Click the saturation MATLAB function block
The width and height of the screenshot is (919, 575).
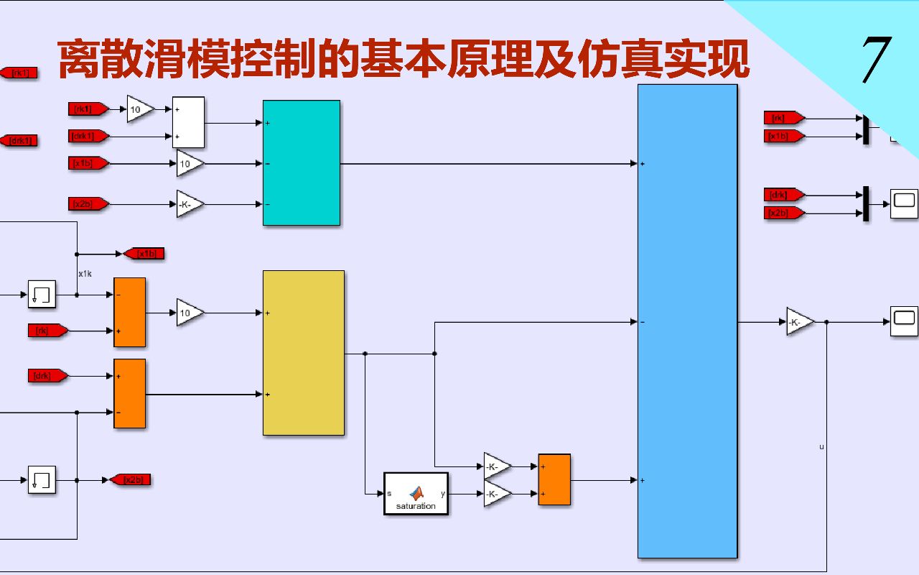[x=416, y=493]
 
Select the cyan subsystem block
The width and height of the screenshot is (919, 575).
[x=301, y=162]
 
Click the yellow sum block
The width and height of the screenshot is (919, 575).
[x=303, y=352]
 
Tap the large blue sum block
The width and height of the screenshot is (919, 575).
[x=687, y=321]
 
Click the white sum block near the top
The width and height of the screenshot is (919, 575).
[x=188, y=122]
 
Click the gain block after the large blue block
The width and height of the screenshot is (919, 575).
[x=800, y=322]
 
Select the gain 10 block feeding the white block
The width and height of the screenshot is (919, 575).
[x=140, y=109]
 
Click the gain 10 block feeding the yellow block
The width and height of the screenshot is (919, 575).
[x=190, y=313]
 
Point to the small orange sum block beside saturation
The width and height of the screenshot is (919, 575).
[x=554, y=479]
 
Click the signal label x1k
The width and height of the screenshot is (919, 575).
[x=85, y=273]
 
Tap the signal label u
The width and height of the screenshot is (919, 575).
[x=821, y=447]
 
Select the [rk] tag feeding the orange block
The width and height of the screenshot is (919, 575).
[x=47, y=331]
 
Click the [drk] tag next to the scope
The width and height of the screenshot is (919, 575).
[x=783, y=194]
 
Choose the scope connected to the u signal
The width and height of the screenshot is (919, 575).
[x=904, y=321]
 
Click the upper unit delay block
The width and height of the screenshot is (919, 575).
[x=42, y=295]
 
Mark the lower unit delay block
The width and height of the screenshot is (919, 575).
[x=42, y=479]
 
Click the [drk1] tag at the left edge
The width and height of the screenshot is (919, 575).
[x=19, y=140]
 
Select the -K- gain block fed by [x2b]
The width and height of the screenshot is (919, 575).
[x=190, y=204]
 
